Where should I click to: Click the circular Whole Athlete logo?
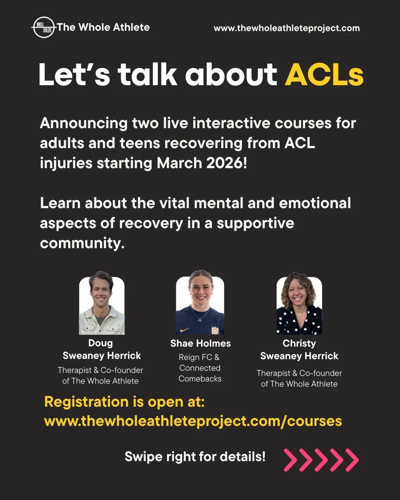[44, 27]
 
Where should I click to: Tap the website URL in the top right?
[287, 28]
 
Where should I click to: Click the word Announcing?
[84, 123]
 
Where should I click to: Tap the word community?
[82, 243]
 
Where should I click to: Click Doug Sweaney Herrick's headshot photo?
[102, 306]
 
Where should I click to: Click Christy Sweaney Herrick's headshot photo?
[299, 306]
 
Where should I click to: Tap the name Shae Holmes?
[200, 343]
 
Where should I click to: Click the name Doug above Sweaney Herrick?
[100, 343]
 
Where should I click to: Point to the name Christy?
[299, 343]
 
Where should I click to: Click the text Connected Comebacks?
[200, 373]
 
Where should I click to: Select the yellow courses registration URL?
[193, 421]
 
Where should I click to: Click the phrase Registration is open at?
[124, 402]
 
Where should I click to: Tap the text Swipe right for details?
[195, 457]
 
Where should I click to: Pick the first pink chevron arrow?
[291, 460]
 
